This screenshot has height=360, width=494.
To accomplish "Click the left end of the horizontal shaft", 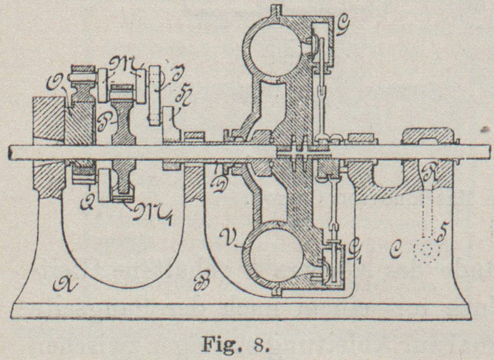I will (x=11, y=153).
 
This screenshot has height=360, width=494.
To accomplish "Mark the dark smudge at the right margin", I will (x=488, y=129).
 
